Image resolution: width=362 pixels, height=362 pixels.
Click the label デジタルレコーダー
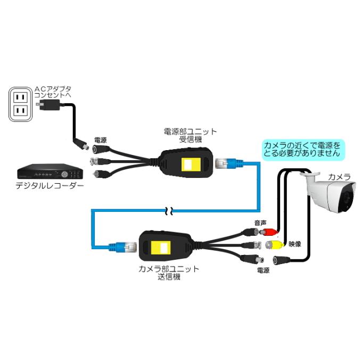click(50, 186)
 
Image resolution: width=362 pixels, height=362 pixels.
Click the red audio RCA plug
click(270, 232)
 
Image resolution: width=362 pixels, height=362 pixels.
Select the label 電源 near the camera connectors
click(262, 271)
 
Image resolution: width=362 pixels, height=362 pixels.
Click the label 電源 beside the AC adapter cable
click(100, 140)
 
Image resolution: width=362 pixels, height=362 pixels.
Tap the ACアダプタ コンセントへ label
click(52, 91)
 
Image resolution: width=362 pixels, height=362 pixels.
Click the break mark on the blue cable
click(169, 210)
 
